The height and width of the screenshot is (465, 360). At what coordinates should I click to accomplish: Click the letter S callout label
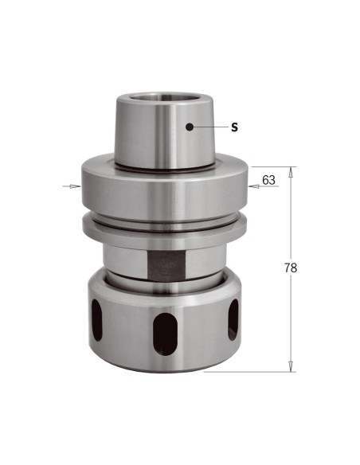coord(234,127)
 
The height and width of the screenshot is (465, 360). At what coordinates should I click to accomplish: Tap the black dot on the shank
coord(190,127)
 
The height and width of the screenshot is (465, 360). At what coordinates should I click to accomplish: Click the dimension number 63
coord(268,180)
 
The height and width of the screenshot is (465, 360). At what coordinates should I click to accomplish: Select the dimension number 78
coord(291,268)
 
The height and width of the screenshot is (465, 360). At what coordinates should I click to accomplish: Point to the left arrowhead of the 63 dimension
coord(76,186)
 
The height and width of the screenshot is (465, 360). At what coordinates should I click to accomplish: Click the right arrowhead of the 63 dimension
coord(254,186)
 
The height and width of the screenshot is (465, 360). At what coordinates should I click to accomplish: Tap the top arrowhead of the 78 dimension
coord(291,172)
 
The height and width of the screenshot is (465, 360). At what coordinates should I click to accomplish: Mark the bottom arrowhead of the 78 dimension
coord(291,366)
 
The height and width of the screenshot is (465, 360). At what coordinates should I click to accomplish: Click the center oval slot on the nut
coord(165,334)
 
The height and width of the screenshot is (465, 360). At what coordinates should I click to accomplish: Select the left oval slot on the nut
coord(96,320)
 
